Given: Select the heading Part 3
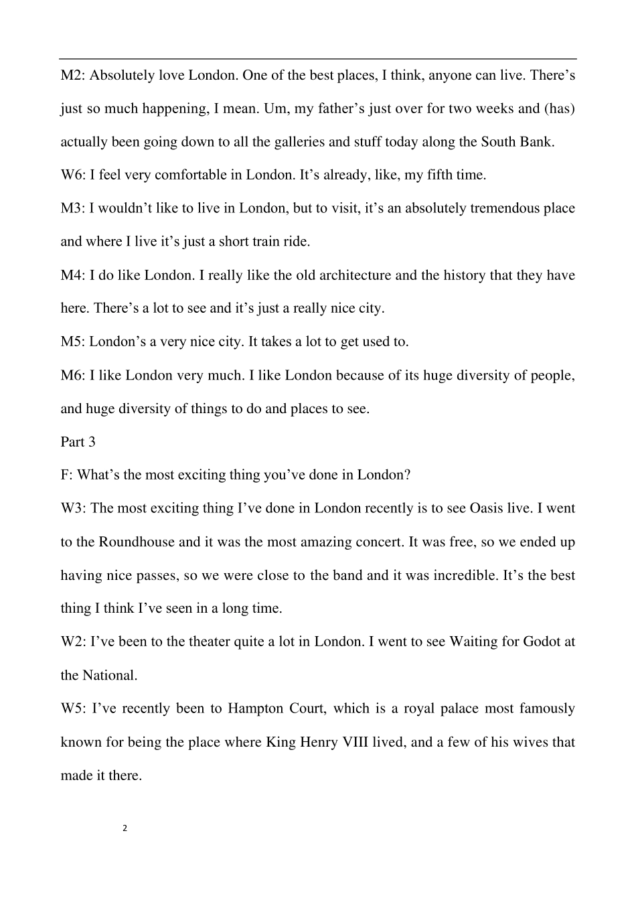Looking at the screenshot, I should pos(78,442).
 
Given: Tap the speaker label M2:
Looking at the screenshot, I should pos(72,75).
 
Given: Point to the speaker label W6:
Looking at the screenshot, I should pos(73,175).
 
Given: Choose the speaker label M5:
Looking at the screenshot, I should pos(72,342).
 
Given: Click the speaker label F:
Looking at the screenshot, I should pos(66,475).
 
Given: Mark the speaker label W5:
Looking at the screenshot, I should pos(73,708).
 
